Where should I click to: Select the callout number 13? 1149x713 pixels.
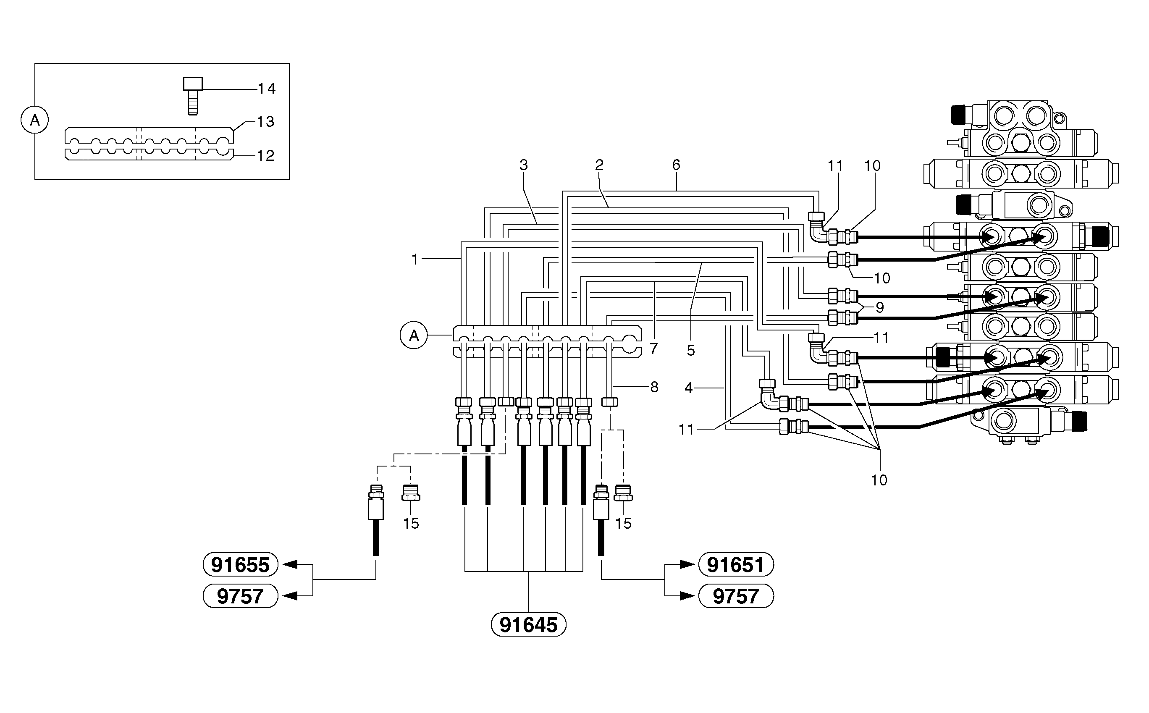pos(265,122)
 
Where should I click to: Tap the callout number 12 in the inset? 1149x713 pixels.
pos(265,156)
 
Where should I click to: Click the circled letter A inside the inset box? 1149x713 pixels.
pos(35,120)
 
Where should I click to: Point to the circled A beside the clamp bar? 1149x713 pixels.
pos(414,335)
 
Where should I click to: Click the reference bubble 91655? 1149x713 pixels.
pos(241,564)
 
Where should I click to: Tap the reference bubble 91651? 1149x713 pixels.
pos(735,564)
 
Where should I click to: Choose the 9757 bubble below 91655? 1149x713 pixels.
pos(241,596)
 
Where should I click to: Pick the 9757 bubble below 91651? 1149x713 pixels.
pos(735,596)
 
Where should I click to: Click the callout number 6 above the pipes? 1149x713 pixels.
pos(676,165)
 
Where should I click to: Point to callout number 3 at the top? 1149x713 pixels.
pos(523,165)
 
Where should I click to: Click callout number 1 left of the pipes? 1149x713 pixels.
pos(415,260)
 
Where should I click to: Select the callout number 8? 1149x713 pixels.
pos(654,387)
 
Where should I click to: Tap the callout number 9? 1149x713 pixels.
pos(879,307)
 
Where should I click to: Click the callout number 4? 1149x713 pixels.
pos(688,388)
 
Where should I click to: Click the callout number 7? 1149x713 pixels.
pos(653,349)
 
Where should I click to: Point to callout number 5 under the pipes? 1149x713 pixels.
pos(691,350)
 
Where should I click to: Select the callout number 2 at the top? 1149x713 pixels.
pos(599,165)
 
